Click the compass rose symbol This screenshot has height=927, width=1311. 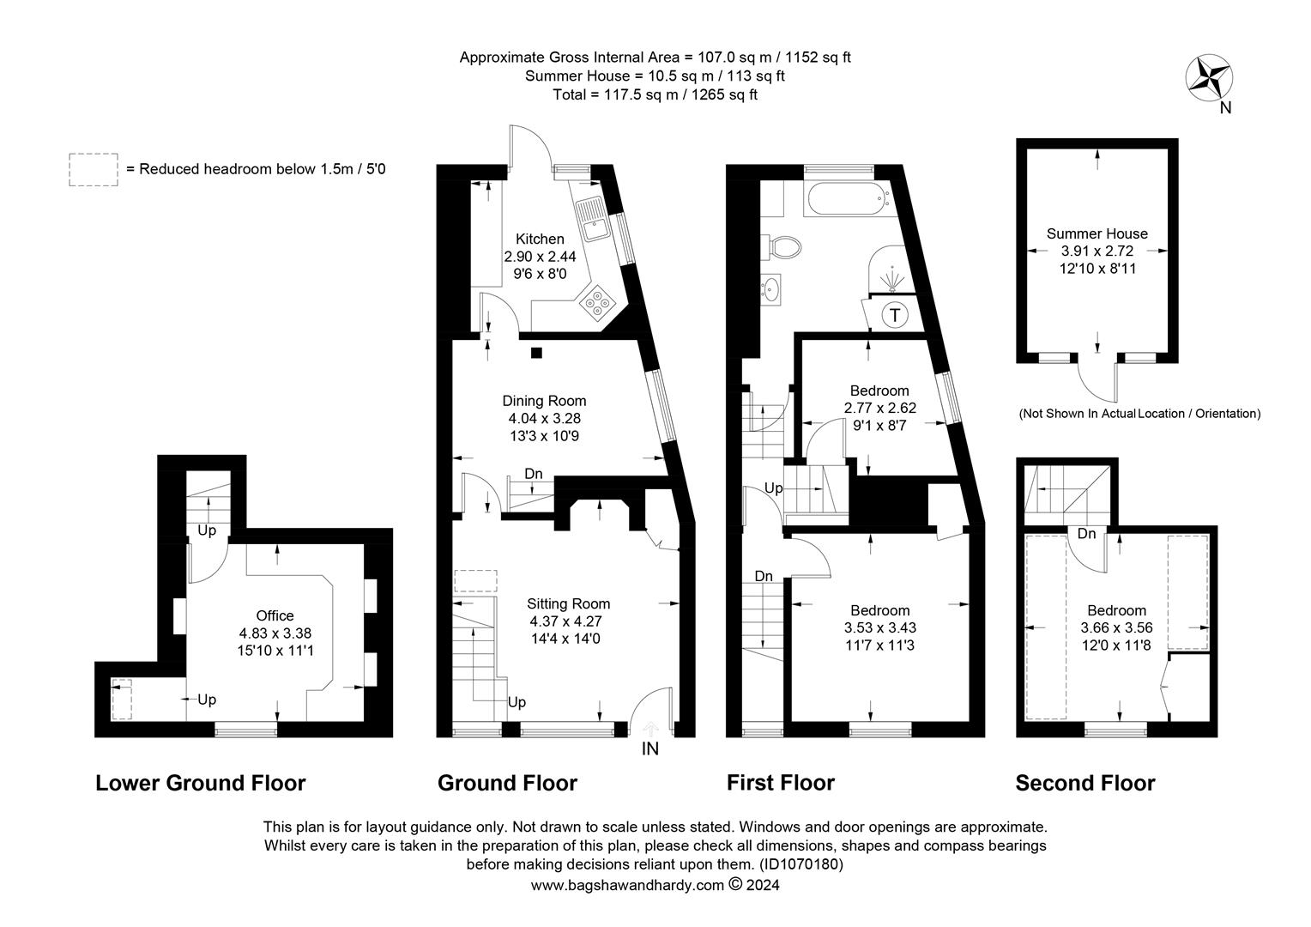[x=1209, y=78]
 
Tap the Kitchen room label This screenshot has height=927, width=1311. [x=540, y=239]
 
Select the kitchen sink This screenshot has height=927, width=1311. [x=592, y=218]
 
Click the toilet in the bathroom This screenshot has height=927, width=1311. [x=784, y=247]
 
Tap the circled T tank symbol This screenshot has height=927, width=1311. [x=895, y=315]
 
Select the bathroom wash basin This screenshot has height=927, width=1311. [x=772, y=288]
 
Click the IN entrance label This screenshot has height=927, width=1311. [x=650, y=749]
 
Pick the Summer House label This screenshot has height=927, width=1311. [x=1097, y=233]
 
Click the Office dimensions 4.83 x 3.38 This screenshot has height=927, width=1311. [x=275, y=633]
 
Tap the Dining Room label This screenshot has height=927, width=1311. [x=544, y=401]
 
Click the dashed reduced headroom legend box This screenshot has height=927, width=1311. [x=94, y=170]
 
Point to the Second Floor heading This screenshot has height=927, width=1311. [x=1084, y=783]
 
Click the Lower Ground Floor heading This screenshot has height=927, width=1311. [x=200, y=783]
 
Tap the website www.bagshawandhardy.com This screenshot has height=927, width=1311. [x=627, y=886]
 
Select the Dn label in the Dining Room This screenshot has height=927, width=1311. [x=534, y=474]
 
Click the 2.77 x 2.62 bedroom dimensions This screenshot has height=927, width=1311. [x=879, y=408]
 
